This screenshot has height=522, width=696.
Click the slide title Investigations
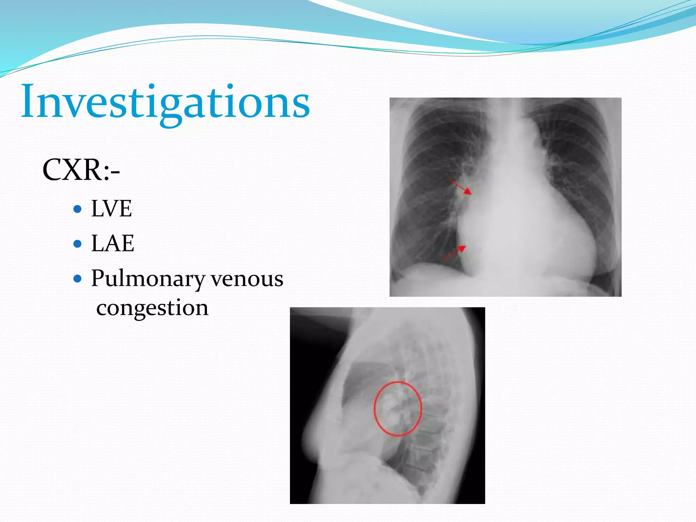(x=166, y=102)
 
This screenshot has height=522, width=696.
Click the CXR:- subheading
(x=81, y=170)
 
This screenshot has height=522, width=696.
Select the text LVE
(x=111, y=208)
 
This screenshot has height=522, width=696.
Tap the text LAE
(x=112, y=243)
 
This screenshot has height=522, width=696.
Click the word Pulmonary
(x=148, y=279)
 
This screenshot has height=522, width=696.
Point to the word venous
(x=247, y=279)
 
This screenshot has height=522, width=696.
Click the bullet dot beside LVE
(x=78, y=209)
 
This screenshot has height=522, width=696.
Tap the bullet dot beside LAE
(x=78, y=244)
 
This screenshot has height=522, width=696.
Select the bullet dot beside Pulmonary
(x=78, y=279)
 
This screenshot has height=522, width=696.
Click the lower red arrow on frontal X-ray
(x=454, y=253)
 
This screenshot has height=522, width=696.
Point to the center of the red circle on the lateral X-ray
(x=398, y=409)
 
